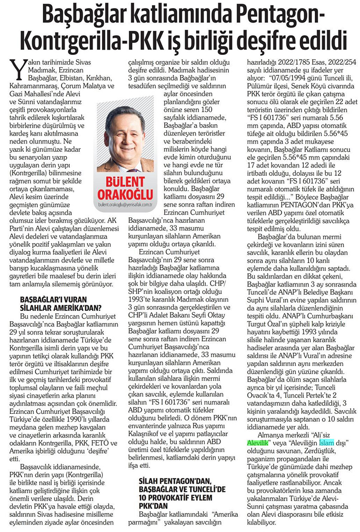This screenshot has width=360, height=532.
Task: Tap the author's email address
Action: [126, 197]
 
